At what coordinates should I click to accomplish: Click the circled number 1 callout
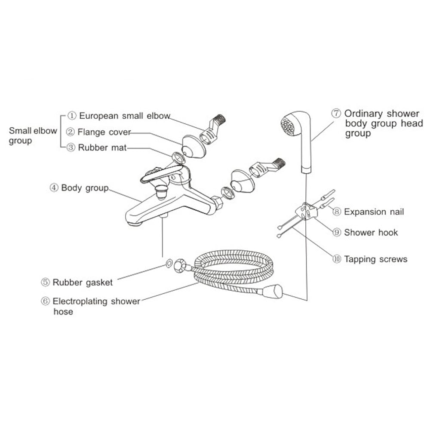(x=71, y=116)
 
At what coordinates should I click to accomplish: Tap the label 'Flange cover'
(x=104, y=132)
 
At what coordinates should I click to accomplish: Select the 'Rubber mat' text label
(x=102, y=147)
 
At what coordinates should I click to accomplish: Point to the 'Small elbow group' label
(x=33, y=135)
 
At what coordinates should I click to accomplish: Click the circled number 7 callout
(x=336, y=114)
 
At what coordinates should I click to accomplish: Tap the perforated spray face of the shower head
(x=288, y=125)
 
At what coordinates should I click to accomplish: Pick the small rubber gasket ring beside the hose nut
(x=169, y=263)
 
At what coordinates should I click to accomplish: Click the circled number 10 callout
(x=337, y=259)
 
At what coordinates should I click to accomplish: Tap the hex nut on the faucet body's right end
(x=218, y=203)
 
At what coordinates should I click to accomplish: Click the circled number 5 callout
(x=45, y=282)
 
